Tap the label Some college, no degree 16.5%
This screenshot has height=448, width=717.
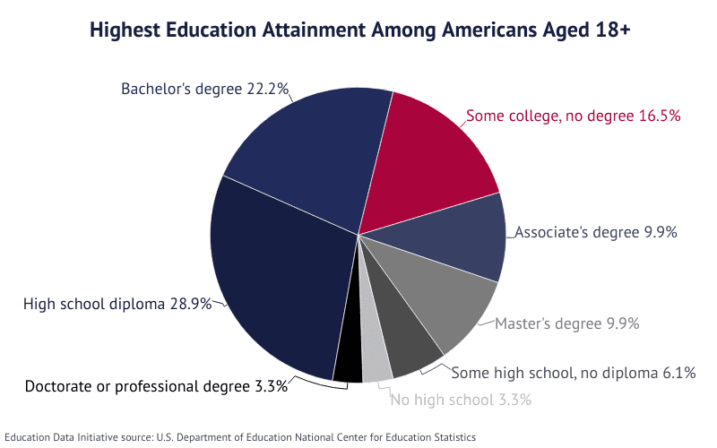pyautogui.click(x=574, y=116)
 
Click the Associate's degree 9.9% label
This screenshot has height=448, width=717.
pyautogui.click(x=595, y=232)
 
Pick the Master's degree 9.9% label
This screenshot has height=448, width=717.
pyautogui.click(x=566, y=323)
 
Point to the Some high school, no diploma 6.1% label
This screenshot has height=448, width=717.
pyautogui.click(x=573, y=373)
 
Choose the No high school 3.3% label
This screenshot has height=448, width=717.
pyautogui.click(x=461, y=399)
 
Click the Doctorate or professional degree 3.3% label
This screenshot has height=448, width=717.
pyautogui.click(x=156, y=386)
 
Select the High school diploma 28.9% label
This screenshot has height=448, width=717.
pyautogui.click(x=117, y=304)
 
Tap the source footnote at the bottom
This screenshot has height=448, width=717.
pyautogui.click(x=239, y=435)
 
